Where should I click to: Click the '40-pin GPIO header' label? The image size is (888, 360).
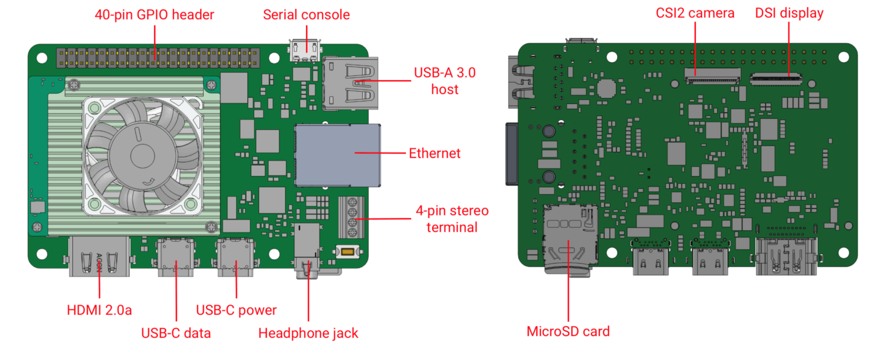point(154,15)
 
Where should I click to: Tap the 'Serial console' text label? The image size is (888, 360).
point(306,15)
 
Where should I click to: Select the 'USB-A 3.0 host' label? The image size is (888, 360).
point(445,81)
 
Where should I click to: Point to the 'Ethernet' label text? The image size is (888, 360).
point(434,153)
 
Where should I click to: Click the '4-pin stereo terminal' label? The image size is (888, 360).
point(452,219)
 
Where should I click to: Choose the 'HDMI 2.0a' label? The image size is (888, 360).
point(99,310)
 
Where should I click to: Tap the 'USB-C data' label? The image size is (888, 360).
point(176,333)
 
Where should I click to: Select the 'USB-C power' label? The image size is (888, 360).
point(236,310)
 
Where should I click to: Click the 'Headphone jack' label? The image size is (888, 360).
point(308,333)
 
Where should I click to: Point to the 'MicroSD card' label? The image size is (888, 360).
point(568,332)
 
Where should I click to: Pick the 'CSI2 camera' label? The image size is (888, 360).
point(695,13)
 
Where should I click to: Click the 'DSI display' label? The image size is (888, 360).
point(789,13)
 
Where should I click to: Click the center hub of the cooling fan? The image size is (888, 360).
point(142,156)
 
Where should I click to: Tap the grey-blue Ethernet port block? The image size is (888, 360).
point(337,156)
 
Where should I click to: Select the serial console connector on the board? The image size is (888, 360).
point(305,50)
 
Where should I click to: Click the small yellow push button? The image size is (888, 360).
point(348,252)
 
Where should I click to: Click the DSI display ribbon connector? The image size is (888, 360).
point(776,79)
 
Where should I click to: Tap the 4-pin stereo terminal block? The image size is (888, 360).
point(351,217)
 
